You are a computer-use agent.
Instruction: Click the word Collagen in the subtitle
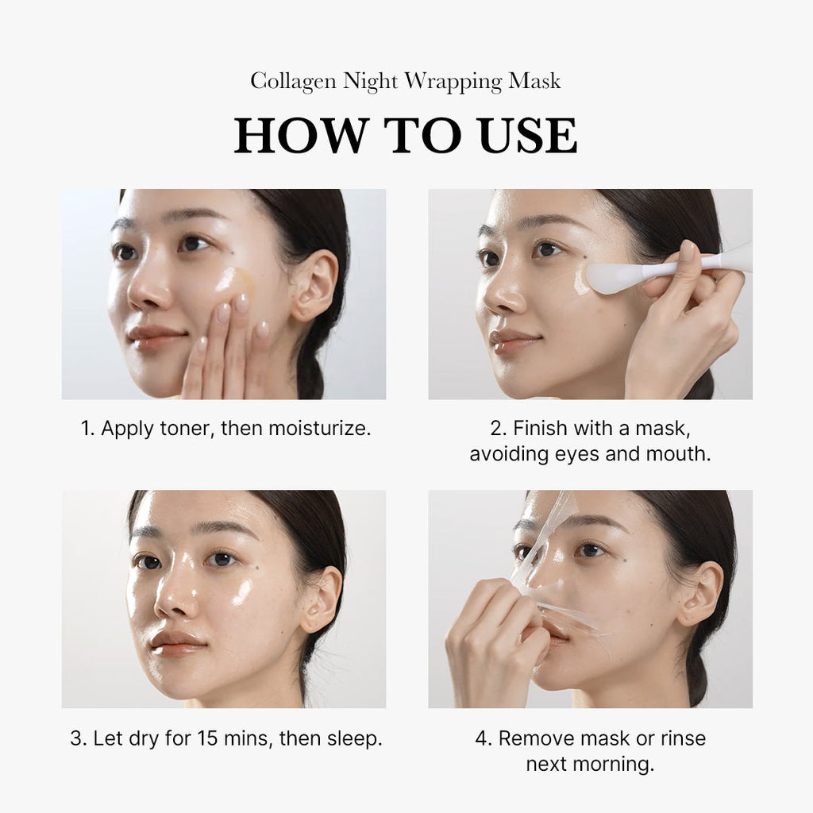(291, 81)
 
